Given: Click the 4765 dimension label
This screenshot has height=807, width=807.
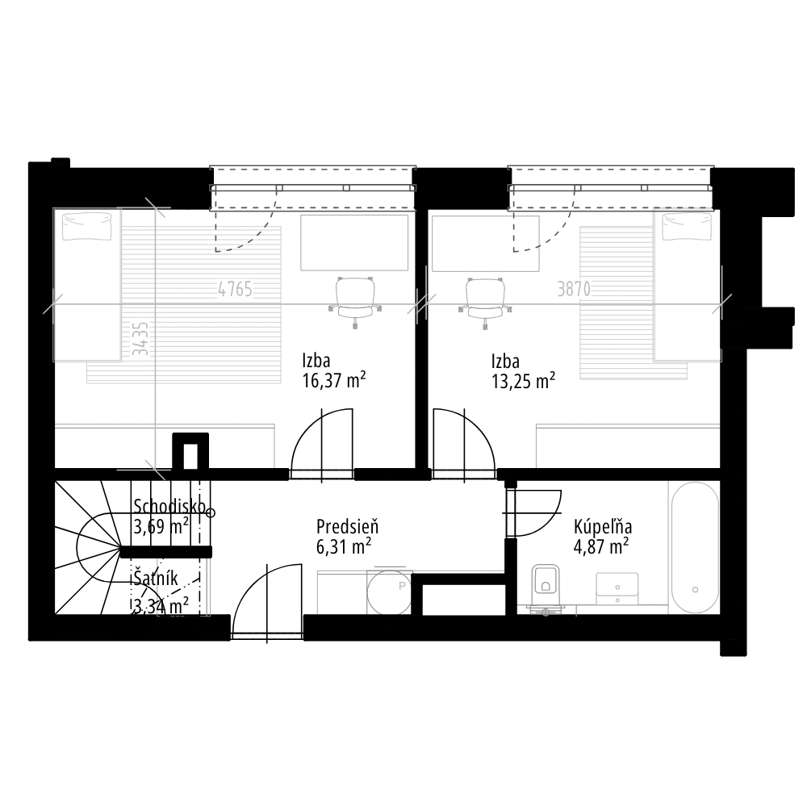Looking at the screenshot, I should tap(235, 289).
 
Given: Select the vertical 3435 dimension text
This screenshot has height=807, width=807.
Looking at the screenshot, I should tap(140, 339).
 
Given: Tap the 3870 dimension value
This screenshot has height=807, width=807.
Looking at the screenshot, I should tap(575, 289).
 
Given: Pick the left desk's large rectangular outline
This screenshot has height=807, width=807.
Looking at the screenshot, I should tap(355, 241).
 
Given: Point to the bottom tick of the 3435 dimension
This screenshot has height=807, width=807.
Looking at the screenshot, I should tap(155, 470).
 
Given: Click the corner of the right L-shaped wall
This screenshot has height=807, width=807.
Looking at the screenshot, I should tap(535, 425).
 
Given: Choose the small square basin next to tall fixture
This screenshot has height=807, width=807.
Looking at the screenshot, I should tap(617, 586).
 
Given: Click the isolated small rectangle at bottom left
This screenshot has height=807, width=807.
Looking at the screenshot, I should tap(183, 587).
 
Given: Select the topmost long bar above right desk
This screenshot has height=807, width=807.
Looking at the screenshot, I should tap(611, 168).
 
